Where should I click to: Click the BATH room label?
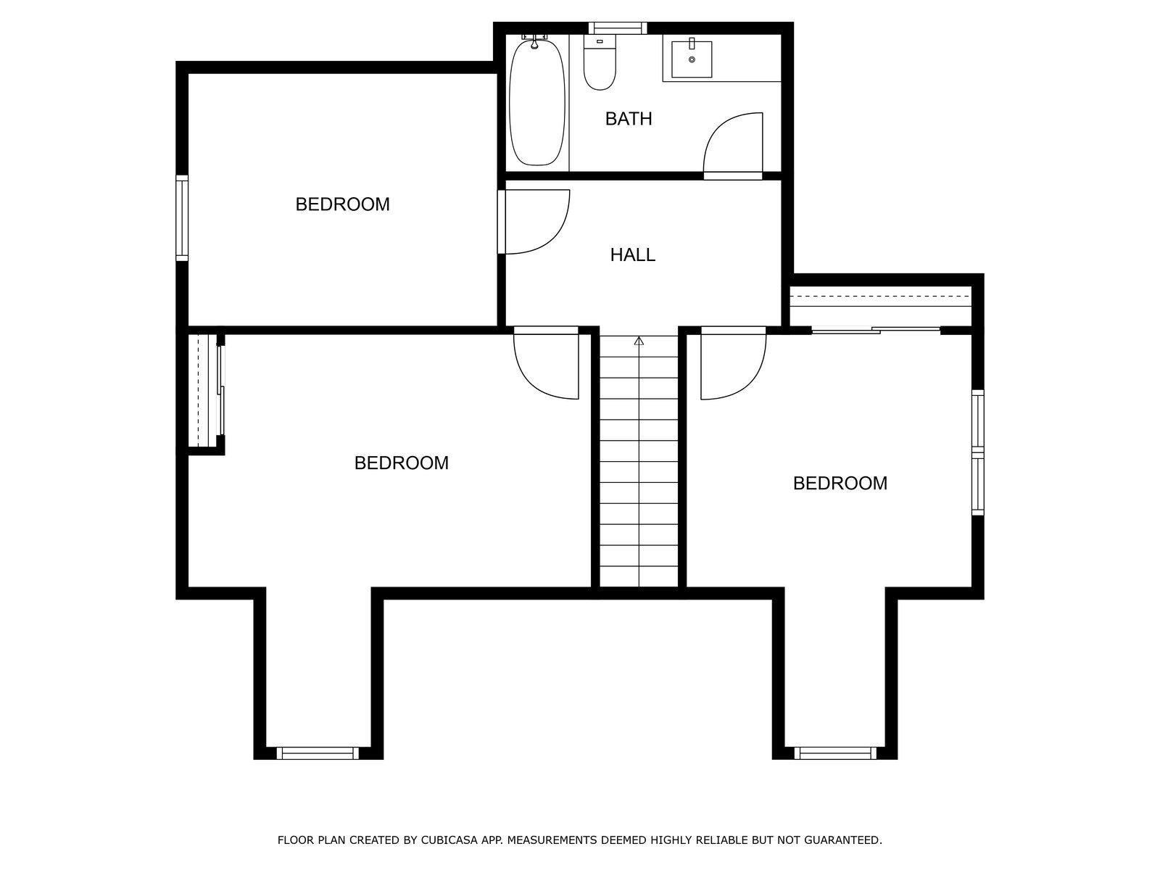[x=628, y=119]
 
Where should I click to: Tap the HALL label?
[x=633, y=255]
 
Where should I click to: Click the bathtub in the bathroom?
[x=537, y=102]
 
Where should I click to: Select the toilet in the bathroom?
[x=600, y=62]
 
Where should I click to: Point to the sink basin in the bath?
[x=692, y=59]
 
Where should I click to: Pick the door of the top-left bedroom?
[x=534, y=222]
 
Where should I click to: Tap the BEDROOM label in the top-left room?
[x=342, y=204]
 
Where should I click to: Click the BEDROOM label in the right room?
[x=840, y=484]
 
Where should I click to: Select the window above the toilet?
[x=618, y=28]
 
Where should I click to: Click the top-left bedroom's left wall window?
[x=182, y=217]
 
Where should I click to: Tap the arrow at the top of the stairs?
[x=639, y=341]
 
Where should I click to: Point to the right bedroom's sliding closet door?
[x=876, y=331]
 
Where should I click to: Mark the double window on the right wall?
[x=978, y=452]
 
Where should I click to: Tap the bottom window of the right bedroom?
[x=835, y=753]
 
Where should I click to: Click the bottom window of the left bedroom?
[x=318, y=753]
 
